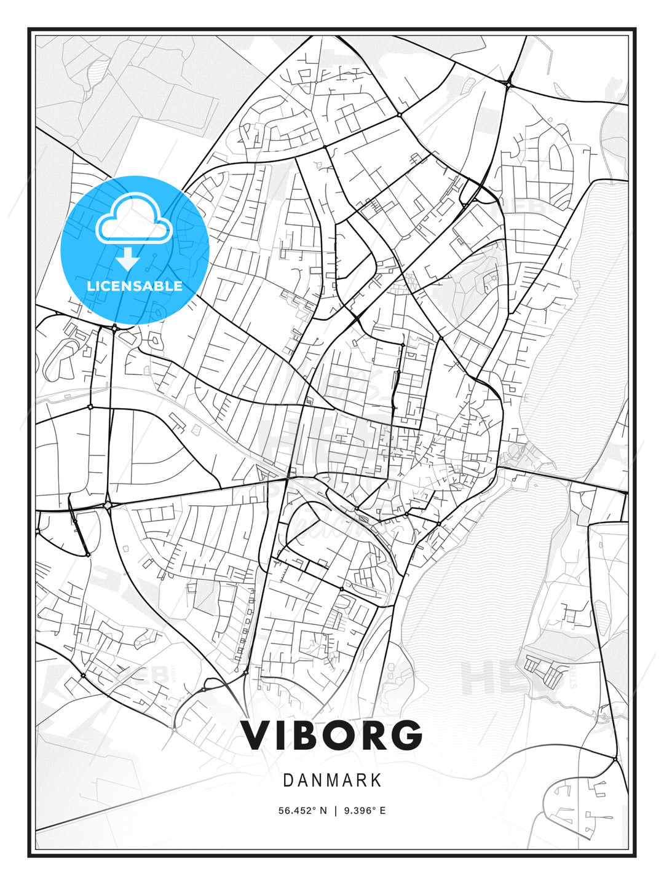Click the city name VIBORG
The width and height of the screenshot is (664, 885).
click(x=331, y=735)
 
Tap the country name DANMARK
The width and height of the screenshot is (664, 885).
click(x=332, y=781)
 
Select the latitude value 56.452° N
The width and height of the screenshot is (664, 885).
click(x=302, y=811)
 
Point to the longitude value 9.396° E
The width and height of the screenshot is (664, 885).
click(x=365, y=811)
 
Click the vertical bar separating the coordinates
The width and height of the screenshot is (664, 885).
click(x=336, y=811)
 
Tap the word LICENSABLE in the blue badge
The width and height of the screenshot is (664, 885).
click(x=135, y=286)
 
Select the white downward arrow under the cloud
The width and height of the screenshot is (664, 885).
click(x=128, y=259)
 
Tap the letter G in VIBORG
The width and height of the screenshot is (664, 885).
click(x=406, y=735)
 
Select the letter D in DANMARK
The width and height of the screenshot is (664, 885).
click(x=288, y=781)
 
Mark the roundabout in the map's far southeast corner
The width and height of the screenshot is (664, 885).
click(x=615, y=760)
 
